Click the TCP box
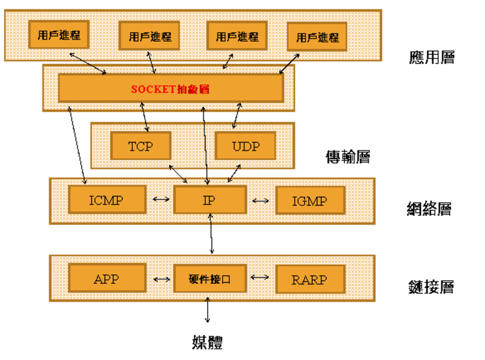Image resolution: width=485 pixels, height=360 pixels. click(141, 146)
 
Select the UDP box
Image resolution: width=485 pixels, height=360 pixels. click(245, 146)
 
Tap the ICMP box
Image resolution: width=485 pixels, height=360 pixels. click(107, 200)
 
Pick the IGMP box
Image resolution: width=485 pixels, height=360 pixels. click(310, 201)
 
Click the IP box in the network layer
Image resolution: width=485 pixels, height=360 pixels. click(209, 200)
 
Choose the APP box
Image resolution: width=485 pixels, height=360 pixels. click(107, 279)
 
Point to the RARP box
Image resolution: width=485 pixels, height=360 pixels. click(310, 279)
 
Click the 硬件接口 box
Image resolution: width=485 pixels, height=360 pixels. click(209, 279)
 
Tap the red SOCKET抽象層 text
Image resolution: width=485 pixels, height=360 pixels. click(170, 89)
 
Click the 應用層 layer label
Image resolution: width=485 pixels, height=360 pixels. click(432, 57)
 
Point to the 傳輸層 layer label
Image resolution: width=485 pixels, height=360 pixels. click(347, 157)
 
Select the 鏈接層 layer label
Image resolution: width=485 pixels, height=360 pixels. click(431, 287)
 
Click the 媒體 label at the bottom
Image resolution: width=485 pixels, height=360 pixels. click(207, 342)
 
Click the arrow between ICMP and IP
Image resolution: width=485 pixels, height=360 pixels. click(161, 199)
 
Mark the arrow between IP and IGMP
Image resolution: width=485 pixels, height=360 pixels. click(261, 201)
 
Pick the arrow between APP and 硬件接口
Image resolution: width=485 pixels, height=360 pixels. click(161, 279)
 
